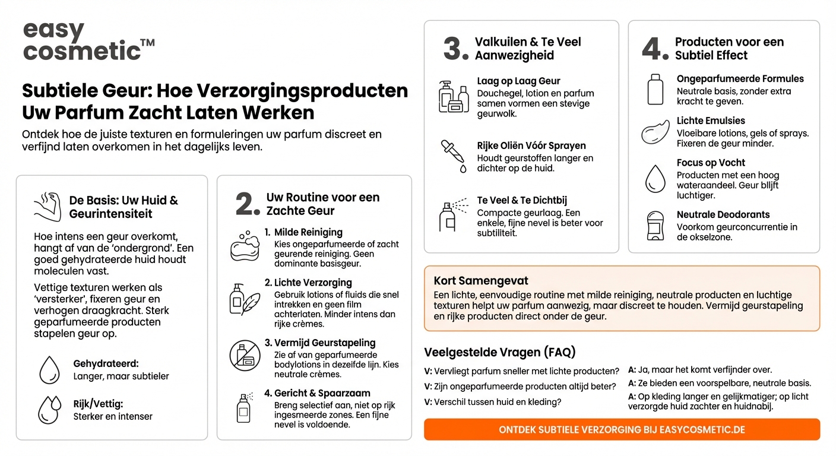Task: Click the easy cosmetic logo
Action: (88, 42)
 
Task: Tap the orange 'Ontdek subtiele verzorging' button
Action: (622, 429)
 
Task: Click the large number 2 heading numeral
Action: (248, 204)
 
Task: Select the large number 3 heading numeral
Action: (456, 49)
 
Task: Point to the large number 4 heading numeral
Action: (655, 49)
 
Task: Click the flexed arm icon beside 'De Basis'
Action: (48, 206)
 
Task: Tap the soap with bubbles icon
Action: (245, 246)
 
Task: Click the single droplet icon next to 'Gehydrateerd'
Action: (49, 370)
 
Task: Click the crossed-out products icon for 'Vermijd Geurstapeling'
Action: (245, 356)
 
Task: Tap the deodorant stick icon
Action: (655, 226)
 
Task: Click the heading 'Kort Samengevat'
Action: (481, 281)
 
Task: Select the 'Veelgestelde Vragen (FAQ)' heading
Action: (500, 352)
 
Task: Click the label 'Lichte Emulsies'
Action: (711, 121)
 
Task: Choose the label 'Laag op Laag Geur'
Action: (518, 81)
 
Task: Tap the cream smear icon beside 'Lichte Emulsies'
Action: (655, 132)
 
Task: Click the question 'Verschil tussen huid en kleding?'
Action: (493, 401)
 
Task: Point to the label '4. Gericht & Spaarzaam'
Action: (317, 393)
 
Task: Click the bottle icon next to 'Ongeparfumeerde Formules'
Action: (655, 89)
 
